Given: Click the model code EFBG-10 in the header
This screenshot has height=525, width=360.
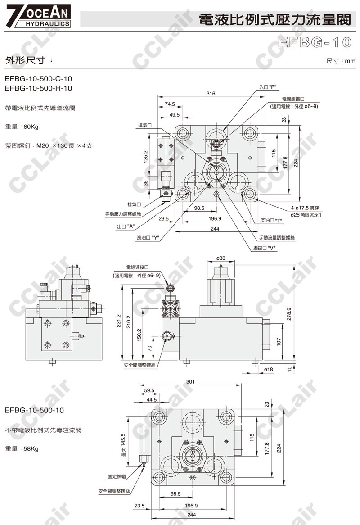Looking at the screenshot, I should pos(315,42).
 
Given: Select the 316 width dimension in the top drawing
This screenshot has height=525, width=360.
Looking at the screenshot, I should pos(211,94).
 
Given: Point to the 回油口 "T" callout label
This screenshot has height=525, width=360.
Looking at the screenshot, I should pos(271,221).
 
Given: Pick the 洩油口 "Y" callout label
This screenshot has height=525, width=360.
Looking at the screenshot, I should pos(150,237).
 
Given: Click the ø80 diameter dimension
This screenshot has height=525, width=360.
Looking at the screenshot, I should pos(220,258).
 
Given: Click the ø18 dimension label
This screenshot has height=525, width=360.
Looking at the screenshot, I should pos(268,369).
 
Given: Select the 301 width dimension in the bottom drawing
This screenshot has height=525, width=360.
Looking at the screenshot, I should pos(191,382).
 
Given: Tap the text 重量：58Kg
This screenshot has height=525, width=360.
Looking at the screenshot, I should pos(22,448).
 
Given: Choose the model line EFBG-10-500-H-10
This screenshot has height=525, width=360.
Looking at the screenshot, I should pos(38,88).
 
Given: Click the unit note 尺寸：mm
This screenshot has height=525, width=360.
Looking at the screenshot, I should pos(341,61).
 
